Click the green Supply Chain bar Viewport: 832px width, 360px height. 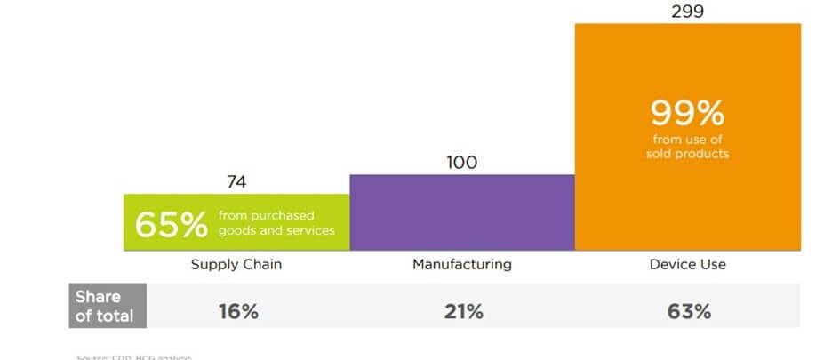click(236, 222)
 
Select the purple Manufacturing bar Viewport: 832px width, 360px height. click(462, 212)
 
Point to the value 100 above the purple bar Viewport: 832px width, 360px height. click(462, 162)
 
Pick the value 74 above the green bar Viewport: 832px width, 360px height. click(236, 182)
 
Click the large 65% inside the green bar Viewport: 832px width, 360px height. click(171, 225)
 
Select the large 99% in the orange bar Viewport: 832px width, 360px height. click(687, 113)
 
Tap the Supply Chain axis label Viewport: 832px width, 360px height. click(236, 264)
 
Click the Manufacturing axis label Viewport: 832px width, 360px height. click(462, 264)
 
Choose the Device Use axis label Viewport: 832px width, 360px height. click(687, 264)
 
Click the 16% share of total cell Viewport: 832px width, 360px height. click(238, 312)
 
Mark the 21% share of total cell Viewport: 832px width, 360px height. click(463, 312)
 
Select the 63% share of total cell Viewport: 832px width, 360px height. click(689, 312)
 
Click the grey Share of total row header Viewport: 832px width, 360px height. click(107, 306)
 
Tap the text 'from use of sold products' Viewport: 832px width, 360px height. click(687, 148)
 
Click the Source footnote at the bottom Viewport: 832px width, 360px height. click(133, 356)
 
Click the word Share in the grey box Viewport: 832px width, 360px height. click(97, 297)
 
